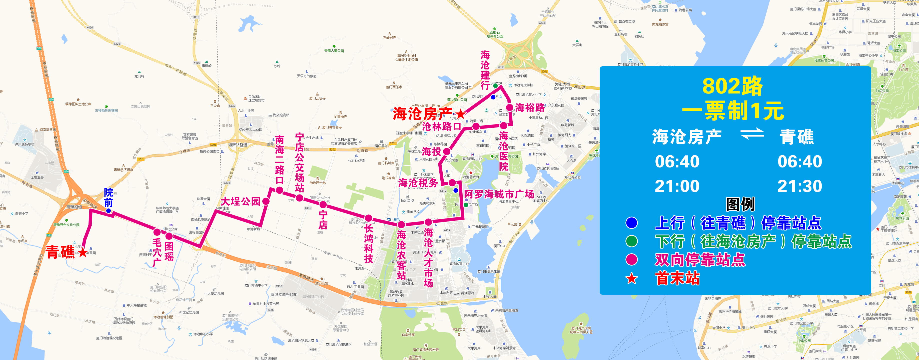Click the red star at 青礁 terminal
[x=83, y=252]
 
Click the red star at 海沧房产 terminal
[x=461, y=114]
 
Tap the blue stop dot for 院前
[x=109, y=211]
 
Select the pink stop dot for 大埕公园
[x=266, y=201]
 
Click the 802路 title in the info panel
[x=732, y=86]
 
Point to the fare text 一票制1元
[x=733, y=111]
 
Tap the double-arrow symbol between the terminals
[x=752, y=134]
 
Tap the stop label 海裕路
[x=530, y=108]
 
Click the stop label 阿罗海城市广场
[x=499, y=194]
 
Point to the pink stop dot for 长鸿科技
[x=369, y=218]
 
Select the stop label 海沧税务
[x=418, y=183]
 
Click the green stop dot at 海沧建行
[x=495, y=86]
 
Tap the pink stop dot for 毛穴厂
[x=157, y=232]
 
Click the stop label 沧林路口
[x=441, y=127]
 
